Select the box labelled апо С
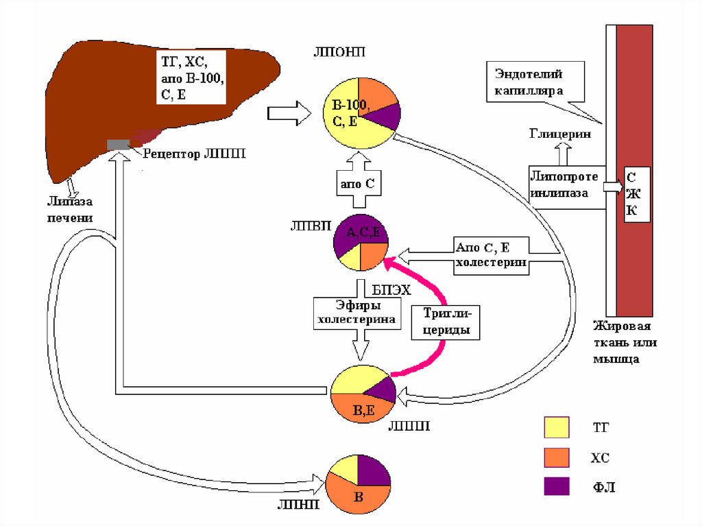pos(356,184)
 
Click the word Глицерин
pos(559,134)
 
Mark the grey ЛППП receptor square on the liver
pos(119,144)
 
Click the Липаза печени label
pos(69,208)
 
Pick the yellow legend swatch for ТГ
pos(555,427)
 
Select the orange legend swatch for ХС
pos(555,457)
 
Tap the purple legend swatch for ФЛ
pos(555,487)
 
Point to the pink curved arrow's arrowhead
pos(385,261)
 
